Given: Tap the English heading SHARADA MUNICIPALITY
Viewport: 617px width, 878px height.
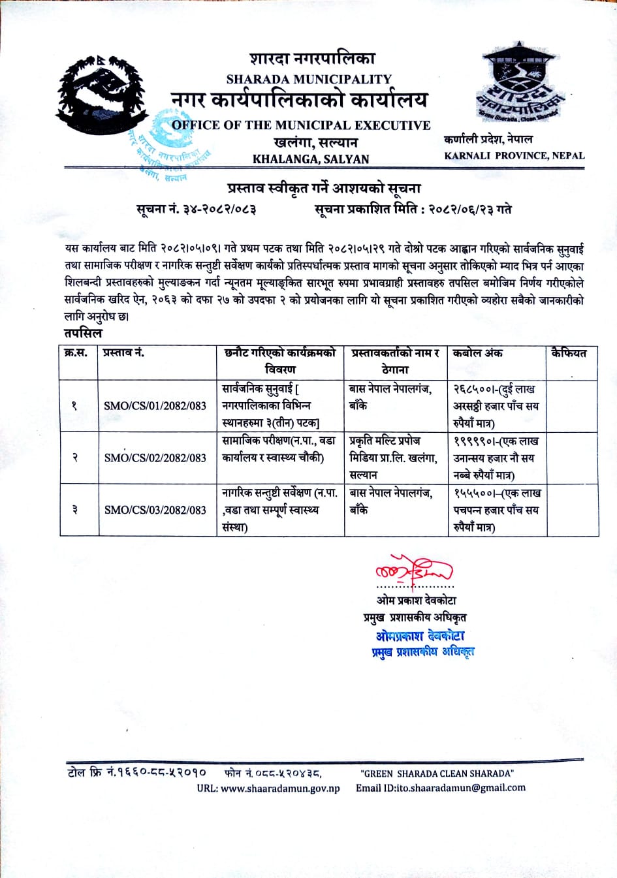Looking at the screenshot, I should (309, 79).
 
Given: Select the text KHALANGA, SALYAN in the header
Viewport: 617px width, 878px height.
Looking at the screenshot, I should (311, 159).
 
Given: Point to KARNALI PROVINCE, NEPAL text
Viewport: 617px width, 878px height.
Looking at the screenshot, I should (514, 155).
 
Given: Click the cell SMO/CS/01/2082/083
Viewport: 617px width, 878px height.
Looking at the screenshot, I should (155, 405).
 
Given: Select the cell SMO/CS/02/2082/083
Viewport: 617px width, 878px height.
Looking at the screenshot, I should (155, 458).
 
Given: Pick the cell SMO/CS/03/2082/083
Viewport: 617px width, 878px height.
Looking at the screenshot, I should (155, 510).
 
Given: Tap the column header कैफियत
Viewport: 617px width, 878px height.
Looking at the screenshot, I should (569, 353).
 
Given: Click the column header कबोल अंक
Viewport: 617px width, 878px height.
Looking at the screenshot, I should (478, 353).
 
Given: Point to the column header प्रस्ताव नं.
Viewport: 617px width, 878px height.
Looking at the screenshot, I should (123, 353).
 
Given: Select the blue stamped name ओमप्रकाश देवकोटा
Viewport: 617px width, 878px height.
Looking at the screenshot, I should (420, 635).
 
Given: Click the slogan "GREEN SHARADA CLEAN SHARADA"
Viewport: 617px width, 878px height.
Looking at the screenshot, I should (437, 774).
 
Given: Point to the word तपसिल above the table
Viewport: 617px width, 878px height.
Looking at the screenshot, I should (83, 333).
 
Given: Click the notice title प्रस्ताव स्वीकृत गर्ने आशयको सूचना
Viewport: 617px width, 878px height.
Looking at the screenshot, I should (324, 189).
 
